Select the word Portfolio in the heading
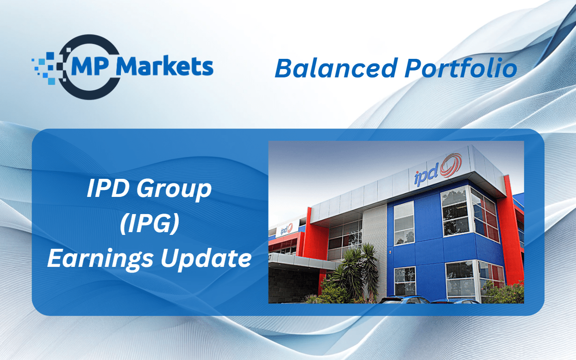[x=461, y=68]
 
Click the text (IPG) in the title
[x=150, y=223]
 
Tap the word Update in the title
[x=206, y=258]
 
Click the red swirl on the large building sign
[x=451, y=165]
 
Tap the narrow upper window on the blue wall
[x=404, y=223]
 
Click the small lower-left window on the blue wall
[x=405, y=281]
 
